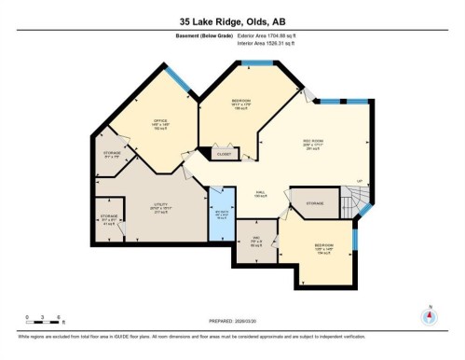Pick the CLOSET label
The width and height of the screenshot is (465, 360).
click(x=225, y=153)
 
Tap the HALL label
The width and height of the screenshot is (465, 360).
click(x=262, y=195)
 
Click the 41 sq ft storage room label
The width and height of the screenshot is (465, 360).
click(x=109, y=222)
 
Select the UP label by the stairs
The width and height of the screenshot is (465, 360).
click(x=358, y=181)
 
